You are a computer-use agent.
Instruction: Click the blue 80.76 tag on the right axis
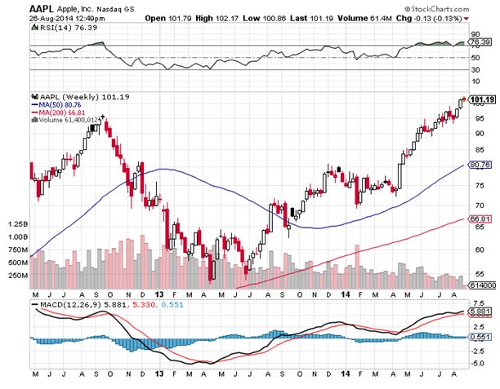click(480, 165)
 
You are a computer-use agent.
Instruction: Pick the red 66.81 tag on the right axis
click(480, 219)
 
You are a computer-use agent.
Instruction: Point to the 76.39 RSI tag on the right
click(480, 46)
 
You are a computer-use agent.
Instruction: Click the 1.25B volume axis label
click(16, 223)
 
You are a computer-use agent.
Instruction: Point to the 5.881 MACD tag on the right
click(480, 312)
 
